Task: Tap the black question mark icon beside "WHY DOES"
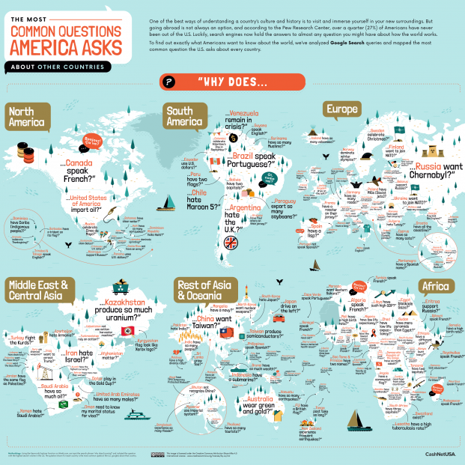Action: click(170, 82)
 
